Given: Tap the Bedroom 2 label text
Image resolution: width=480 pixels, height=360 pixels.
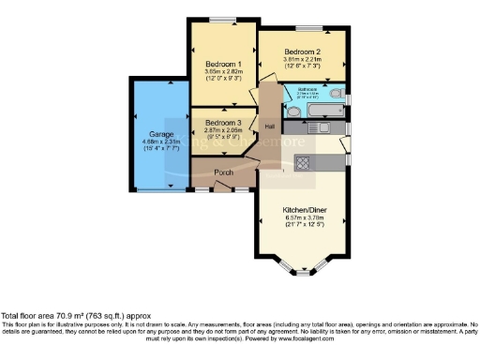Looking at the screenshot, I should (303, 52).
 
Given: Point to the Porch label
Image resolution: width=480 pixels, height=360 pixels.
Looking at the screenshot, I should (223, 172).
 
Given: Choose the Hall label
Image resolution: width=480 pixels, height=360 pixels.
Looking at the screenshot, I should (269, 126).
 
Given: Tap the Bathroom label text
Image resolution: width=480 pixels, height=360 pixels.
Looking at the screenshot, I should (307, 89).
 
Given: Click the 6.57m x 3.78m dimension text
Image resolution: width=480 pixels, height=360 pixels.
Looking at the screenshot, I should (303, 218).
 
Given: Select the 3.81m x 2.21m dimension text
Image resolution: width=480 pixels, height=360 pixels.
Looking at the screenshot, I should (303, 60).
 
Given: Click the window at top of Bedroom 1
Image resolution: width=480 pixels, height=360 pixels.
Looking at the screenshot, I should (222, 20).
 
